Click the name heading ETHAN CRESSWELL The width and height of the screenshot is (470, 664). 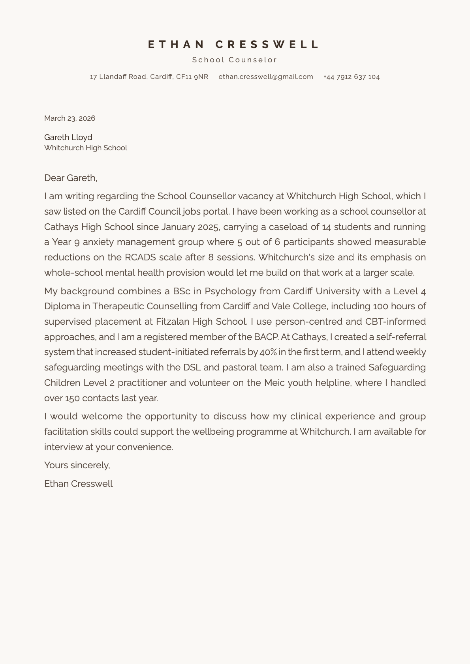pyautogui.click(x=234, y=45)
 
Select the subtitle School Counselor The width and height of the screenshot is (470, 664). pyautogui.click(x=235, y=60)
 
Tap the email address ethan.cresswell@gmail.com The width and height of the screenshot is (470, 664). pyautogui.click(x=265, y=77)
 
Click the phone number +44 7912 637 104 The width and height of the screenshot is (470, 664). pyautogui.click(x=351, y=77)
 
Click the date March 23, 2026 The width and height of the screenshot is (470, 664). pyautogui.click(x=70, y=118)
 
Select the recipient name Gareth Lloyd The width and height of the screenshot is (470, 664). pyautogui.click(x=68, y=137)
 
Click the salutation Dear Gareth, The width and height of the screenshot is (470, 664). pyautogui.click(x=71, y=178)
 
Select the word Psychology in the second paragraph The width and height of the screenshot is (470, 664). pyautogui.click(x=228, y=291)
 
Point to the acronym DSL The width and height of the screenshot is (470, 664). pyautogui.click(x=192, y=367)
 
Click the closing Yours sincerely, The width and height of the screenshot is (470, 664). pyautogui.click(x=77, y=465)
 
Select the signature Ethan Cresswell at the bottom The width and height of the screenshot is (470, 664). pyautogui.click(x=78, y=484)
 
